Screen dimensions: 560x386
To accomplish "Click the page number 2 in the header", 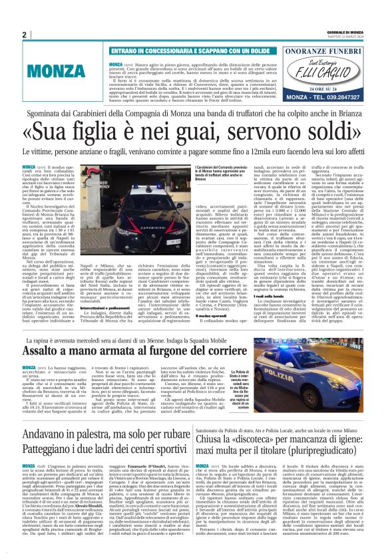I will point(24,35).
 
